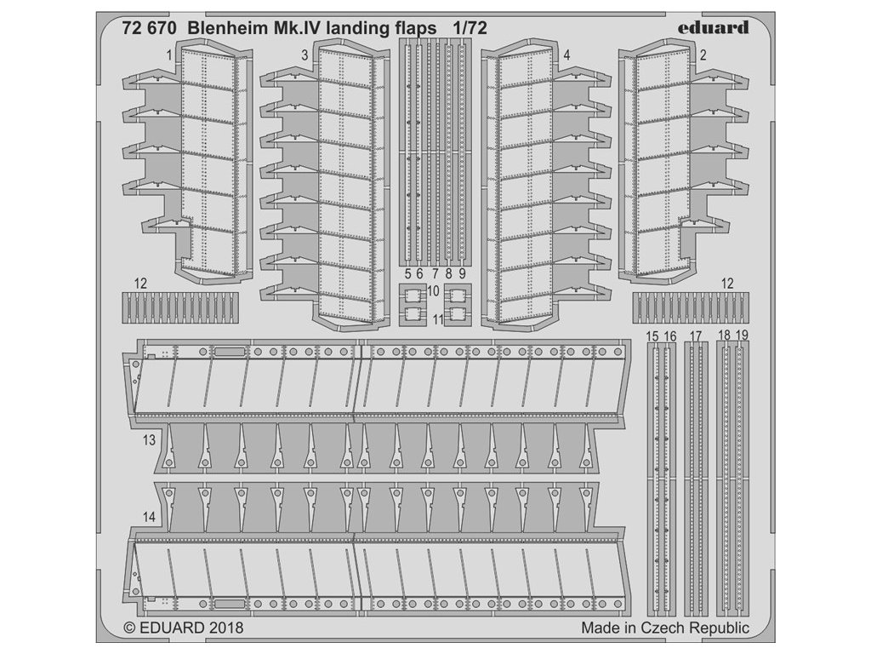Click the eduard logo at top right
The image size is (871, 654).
[713, 27]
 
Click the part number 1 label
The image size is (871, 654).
[170, 54]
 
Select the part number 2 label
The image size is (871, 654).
[703, 54]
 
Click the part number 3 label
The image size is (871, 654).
[305, 54]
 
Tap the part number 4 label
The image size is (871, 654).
[566, 54]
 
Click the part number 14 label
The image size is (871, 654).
[150, 517]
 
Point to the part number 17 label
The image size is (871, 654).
[696, 337]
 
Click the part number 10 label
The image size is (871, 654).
[433, 291]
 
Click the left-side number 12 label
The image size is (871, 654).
[141, 283]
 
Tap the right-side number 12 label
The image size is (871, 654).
[726, 283]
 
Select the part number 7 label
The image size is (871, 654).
[435, 274]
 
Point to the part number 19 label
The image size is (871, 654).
[742, 337]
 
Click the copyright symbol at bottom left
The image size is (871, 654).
[129, 628]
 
